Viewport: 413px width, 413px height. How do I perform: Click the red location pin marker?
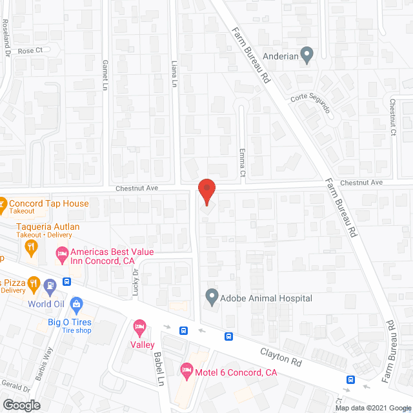(x=206, y=192)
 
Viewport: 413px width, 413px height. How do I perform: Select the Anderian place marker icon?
(x=307, y=55)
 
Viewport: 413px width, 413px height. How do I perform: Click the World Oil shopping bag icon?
(x=76, y=303)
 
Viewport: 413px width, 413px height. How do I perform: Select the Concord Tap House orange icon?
(x=2, y=204)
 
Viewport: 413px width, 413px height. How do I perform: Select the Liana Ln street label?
(x=174, y=74)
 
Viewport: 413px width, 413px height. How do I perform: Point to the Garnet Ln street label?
(x=105, y=74)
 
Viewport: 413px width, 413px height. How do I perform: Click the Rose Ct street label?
(x=30, y=50)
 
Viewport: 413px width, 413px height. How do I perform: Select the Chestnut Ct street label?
(x=392, y=116)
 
